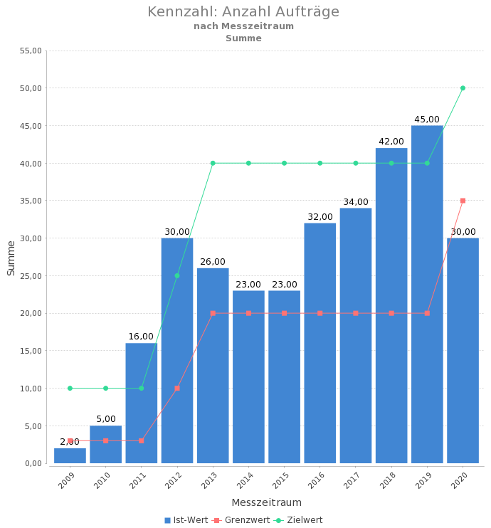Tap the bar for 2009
click(x=70, y=456)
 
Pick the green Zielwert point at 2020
click(x=463, y=88)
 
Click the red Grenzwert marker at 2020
click(x=463, y=201)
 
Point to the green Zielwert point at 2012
click(x=177, y=275)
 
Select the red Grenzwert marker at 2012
click(x=177, y=388)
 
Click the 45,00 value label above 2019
click(x=427, y=120)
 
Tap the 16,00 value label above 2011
click(x=141, y=337)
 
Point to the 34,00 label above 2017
click(x=356, y=202)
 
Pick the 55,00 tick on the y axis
click(x=31, y=51)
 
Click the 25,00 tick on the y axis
click(x=31, y=275)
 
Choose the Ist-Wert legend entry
click(x=186, y=520)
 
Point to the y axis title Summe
click(x=11, y=258)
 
